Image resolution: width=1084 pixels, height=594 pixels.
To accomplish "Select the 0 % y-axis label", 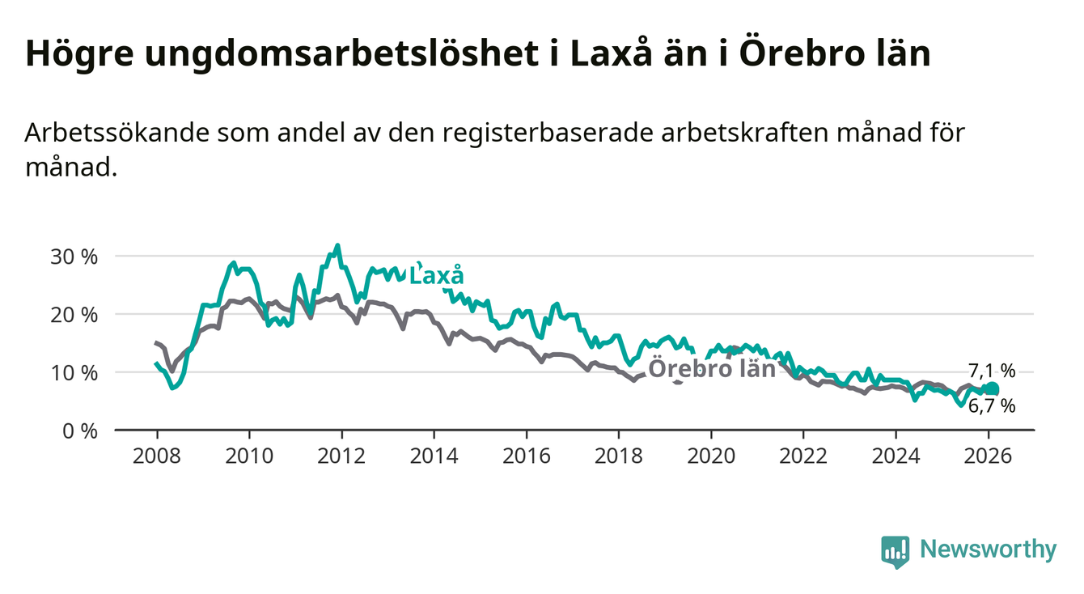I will pyautogui.click(x=81, y=430).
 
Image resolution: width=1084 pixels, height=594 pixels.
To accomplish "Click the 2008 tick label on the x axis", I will pyautogui.click(x=156, y=456).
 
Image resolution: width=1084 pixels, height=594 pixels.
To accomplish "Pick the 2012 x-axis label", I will pyautogui.click(x=341, y=456).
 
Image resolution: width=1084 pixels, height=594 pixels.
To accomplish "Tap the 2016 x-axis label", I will pyautogui.click(x=526, y=456).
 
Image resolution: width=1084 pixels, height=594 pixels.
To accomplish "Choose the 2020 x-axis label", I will pyautogui.click(x=710, y=456).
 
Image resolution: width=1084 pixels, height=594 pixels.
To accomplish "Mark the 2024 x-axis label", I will pyautogui.click(x=896, y=456).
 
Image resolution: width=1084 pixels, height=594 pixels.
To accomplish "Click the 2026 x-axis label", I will pyautogui.click(x=988, y=456).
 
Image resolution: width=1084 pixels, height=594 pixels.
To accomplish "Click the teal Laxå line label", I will pyautogui.click(x=437, y=275).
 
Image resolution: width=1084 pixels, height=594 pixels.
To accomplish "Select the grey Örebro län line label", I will pyautogui.click(x=713, y=369).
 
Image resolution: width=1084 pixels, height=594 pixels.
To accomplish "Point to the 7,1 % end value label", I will pyautogui.click(x=991, y=371).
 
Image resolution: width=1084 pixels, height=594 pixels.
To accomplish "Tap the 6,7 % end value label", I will pyautogui.click(x=991, y=406).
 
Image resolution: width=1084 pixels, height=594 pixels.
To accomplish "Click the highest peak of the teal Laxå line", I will pyautogui.click(x=337, y=245).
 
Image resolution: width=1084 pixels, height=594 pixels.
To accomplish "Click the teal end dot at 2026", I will pyautogui.click(x=993, y=389).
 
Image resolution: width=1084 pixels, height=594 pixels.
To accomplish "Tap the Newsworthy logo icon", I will pyautogui.click(x=895, y=551).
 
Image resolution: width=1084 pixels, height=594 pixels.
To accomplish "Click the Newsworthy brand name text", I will pyautogui.click(x=989, y=550).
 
